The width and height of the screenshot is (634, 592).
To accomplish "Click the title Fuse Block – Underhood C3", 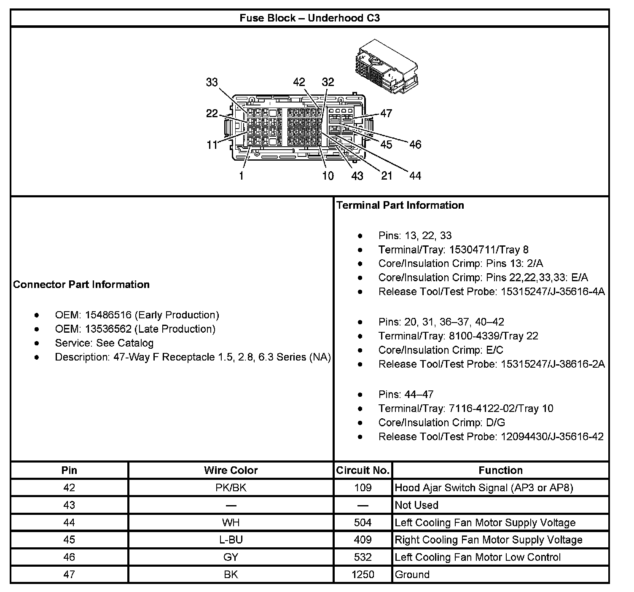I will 309,18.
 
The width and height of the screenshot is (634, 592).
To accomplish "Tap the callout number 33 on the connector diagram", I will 212,82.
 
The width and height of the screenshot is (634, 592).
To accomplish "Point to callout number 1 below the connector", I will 241,176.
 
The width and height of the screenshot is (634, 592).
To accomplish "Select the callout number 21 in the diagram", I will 386,176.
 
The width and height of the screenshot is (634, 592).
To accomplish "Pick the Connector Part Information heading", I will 81,285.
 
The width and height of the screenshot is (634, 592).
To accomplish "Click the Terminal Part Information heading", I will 400,205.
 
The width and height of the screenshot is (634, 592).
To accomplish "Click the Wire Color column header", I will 231,470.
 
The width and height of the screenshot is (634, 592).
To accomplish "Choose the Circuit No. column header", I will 363,470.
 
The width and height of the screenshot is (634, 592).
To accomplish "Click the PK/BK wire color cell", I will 231,488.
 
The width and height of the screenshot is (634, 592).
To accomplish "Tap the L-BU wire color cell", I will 231,540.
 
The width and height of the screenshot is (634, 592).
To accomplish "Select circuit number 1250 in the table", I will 363,574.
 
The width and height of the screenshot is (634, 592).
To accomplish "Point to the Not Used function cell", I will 416,505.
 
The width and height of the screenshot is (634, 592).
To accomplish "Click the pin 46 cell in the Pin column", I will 69,557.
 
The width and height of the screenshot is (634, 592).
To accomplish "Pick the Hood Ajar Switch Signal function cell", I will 484,488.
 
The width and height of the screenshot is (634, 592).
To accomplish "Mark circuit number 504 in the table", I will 363,522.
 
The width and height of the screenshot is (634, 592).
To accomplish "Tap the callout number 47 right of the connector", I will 386,113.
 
